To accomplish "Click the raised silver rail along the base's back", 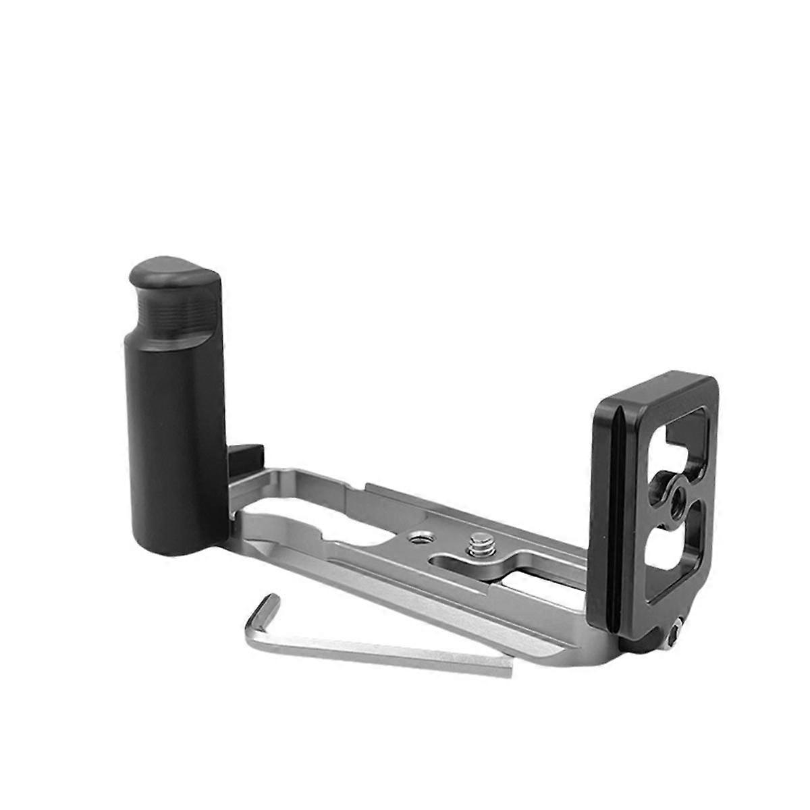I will (x=473, y=506).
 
